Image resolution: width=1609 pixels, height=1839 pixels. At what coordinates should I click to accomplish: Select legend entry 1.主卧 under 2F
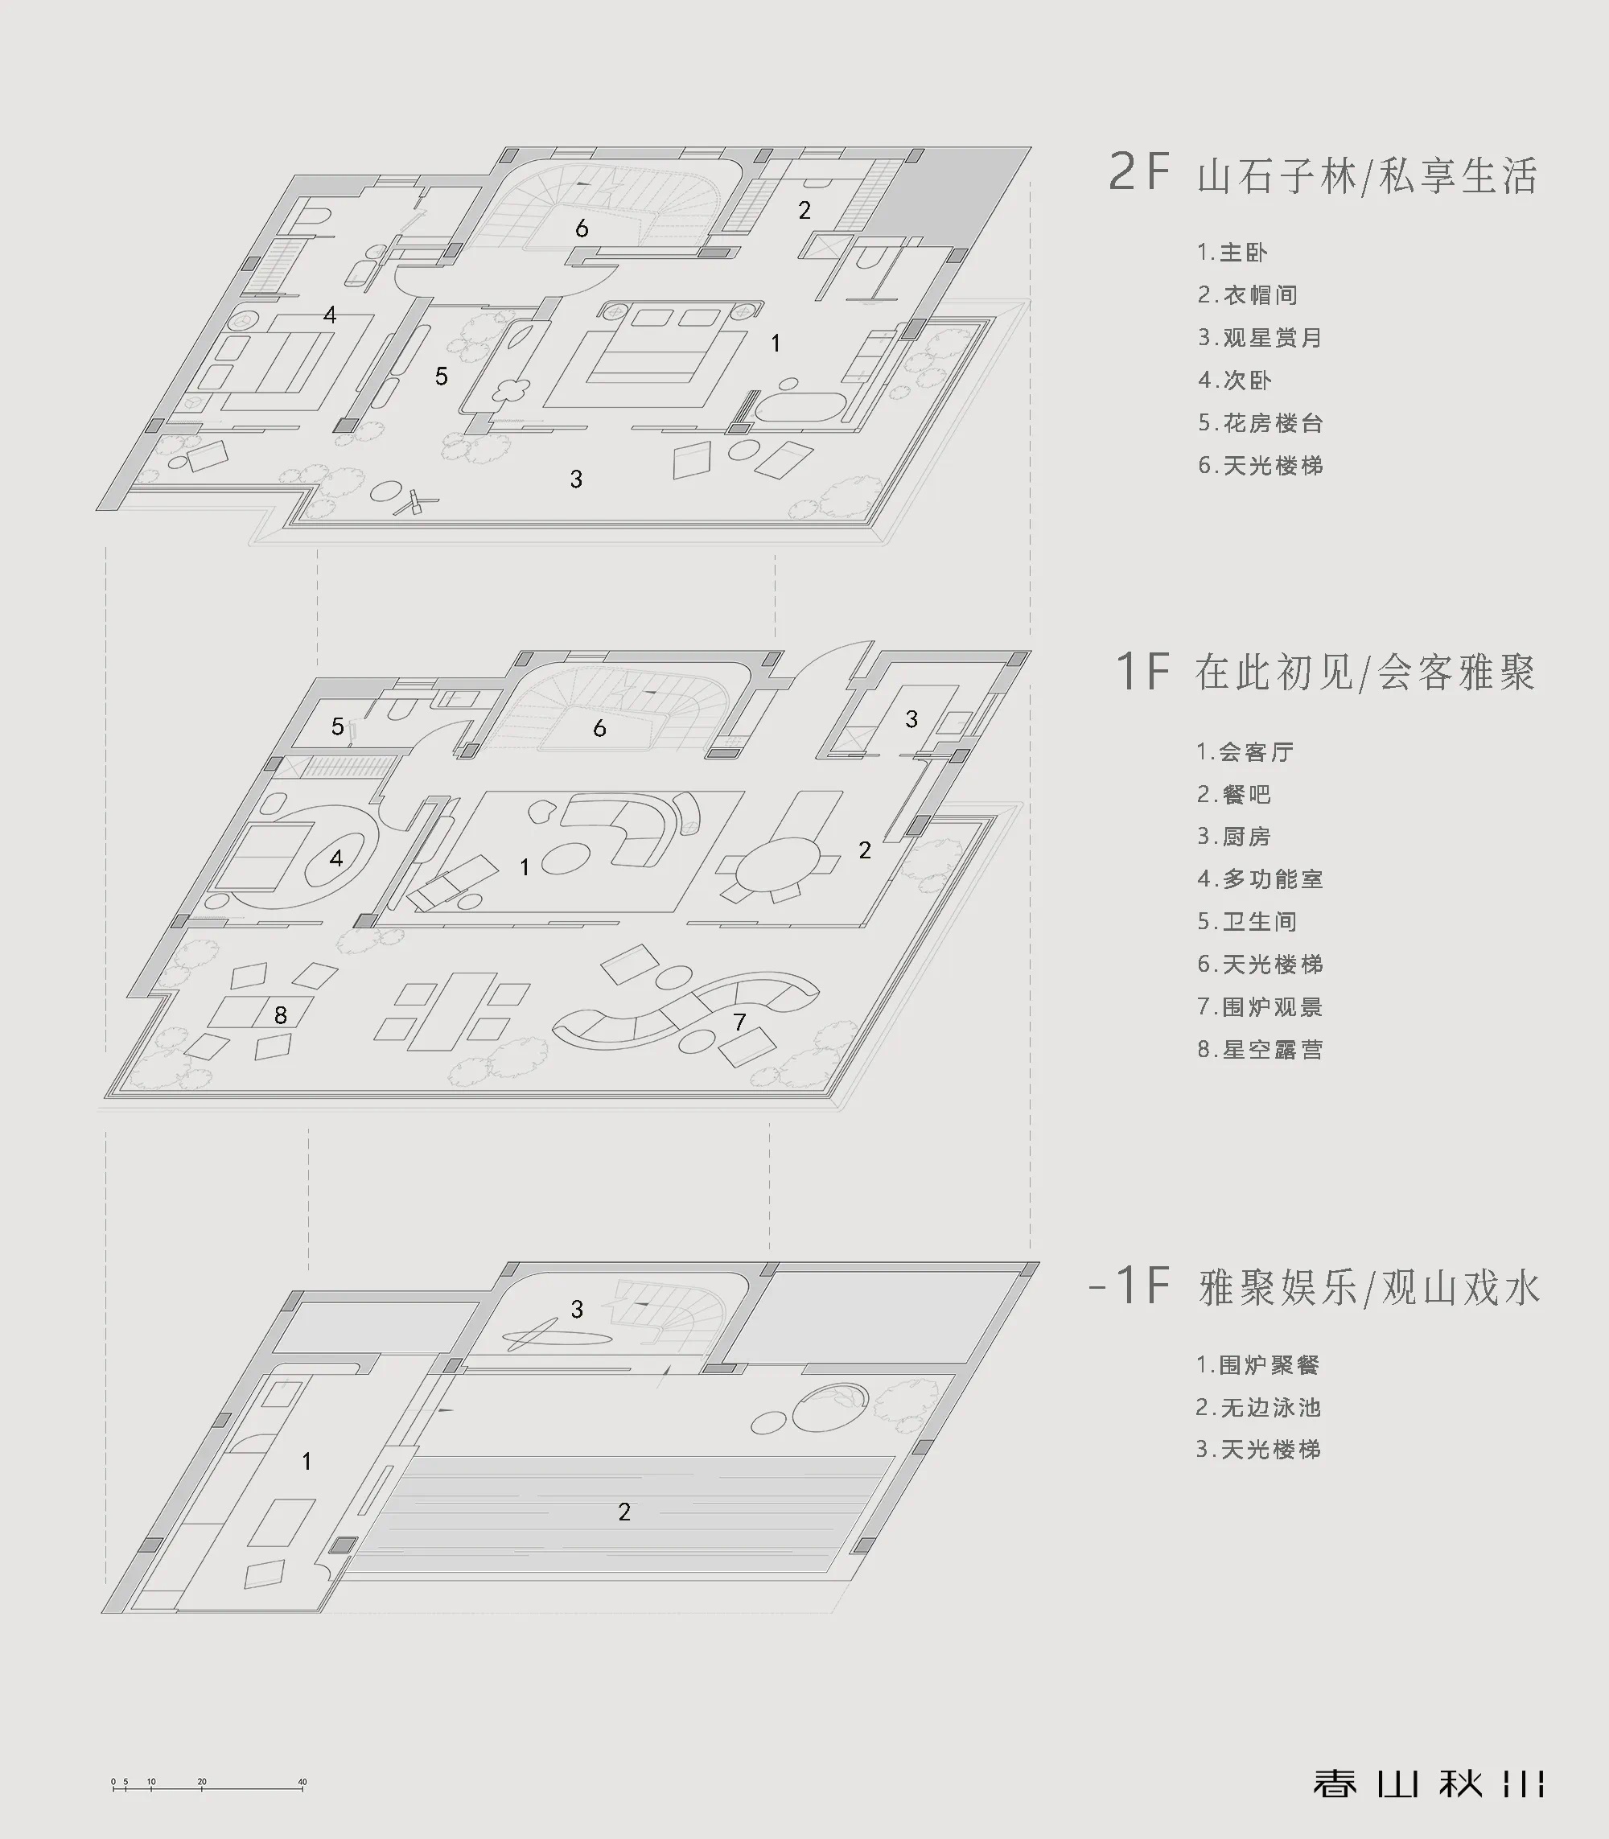pyautogui.click(x=1232, y=253)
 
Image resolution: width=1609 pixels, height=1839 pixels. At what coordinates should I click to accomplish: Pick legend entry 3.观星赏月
pyautogui.click(x=1260, y=338)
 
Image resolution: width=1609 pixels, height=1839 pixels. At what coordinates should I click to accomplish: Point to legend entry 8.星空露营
pyautogui.click(x=1260, y=1049)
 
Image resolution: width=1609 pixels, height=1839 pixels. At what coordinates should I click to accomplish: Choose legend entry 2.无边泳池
pyautogui.click(x=1258, y=1407)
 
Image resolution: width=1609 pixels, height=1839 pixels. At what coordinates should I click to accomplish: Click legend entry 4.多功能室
pyautogui.click(x=1260, y=878)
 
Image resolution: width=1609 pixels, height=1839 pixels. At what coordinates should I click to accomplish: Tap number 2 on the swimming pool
pyautogui.click(x=624, y=1512)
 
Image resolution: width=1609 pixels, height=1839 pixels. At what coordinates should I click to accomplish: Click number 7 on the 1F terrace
pyautogui.click(x=739, y=1022)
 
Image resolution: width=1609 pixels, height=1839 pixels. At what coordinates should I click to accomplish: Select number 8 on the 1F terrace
pyautogui.click(x=280, y=1014)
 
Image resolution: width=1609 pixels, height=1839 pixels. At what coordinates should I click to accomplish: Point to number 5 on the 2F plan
pyautogui.click(x=441, y=376)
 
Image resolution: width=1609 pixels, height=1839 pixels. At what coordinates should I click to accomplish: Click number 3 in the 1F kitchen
pyautogui.click(x=911, y=718)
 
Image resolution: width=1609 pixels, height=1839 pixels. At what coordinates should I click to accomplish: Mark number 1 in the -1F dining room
pyautogui.click(x=307, y=1461)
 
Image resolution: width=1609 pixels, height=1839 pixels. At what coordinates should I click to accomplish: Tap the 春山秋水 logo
pyautogui.click(x=1428, y=1783)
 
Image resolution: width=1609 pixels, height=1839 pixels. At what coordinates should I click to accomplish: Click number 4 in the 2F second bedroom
pyautogui.click(x=330, y=315)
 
